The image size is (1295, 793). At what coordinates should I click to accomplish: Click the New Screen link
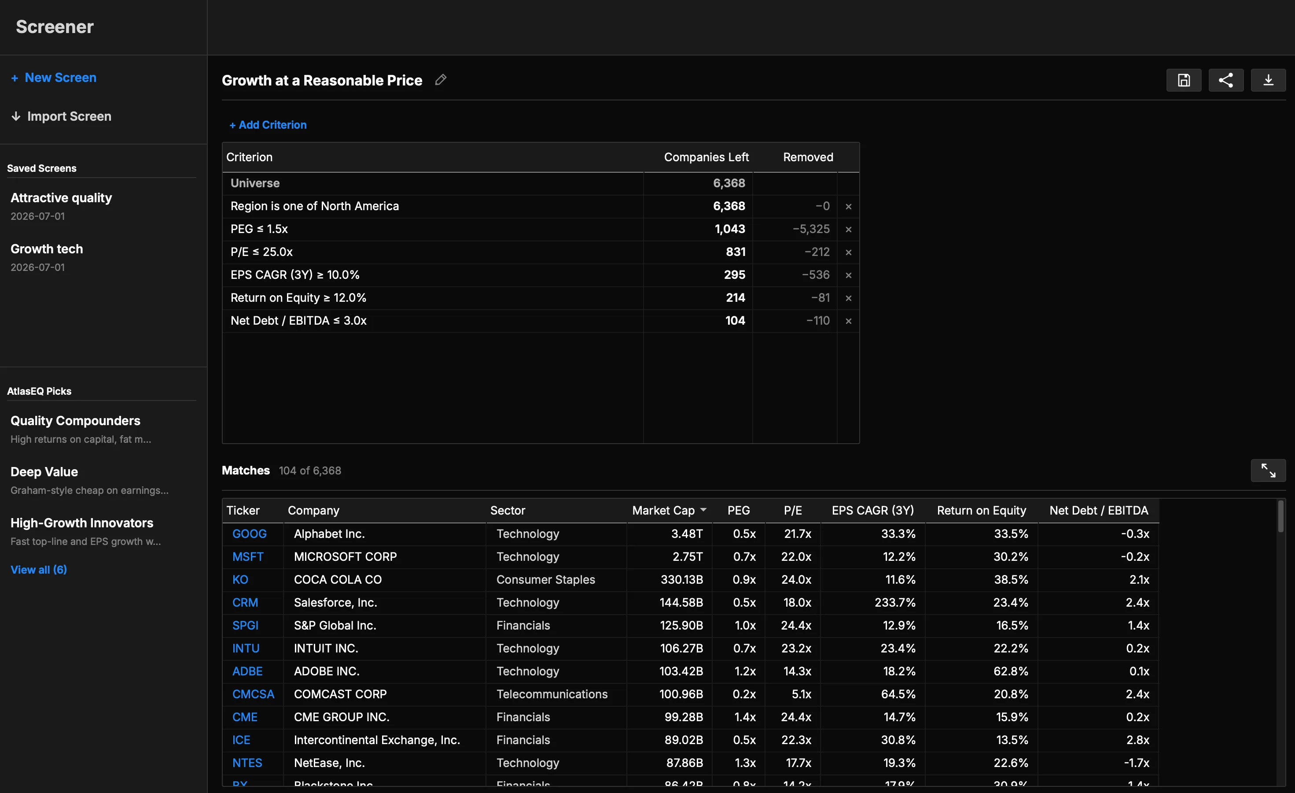coord(54,78)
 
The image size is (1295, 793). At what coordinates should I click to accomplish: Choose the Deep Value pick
coord(44,472)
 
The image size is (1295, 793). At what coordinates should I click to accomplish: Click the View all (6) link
coord(39,570)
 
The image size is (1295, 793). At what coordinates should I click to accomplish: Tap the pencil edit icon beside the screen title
coord(441,80)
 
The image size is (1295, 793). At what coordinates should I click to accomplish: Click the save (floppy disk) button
coord(1184,81)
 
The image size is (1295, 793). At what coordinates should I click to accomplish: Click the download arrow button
coord(1268,81)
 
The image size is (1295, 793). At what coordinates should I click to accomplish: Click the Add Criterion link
coord(268,125)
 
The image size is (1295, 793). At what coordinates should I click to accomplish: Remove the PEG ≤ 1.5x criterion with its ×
coord(848,229)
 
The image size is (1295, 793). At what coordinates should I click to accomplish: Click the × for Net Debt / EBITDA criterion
coord(848,321)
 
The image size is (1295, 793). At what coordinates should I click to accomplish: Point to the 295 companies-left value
coord(734,275)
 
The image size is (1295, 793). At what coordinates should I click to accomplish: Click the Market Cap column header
coord(663,511)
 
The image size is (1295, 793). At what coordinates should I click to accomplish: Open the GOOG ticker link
coord(249,534)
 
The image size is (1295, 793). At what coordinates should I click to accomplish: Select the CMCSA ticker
coord(254,694)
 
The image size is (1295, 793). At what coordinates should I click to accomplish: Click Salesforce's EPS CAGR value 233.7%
coord(894,603)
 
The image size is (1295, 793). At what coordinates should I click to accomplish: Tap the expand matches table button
coord(1268,471)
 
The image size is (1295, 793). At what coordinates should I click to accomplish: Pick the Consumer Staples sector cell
coord(545,579)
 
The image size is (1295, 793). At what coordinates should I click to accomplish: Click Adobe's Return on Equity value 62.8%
coord(1011,671)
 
